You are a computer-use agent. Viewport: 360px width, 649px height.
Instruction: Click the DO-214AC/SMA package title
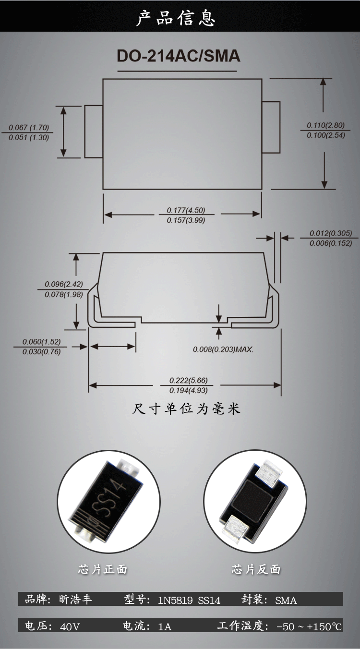point(179,56)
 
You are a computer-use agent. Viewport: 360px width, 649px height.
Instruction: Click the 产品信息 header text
point(176,18)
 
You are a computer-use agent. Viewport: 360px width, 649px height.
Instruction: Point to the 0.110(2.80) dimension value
point(326,125)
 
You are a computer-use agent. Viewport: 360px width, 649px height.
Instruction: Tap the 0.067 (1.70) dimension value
point(29,128)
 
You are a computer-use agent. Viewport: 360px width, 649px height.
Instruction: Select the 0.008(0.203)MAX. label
point(223,349)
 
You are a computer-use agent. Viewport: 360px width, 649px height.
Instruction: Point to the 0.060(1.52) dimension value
point(42,342)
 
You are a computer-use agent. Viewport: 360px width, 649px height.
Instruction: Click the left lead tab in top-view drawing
point(94,131)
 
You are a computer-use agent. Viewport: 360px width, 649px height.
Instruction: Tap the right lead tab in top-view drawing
point(271,127)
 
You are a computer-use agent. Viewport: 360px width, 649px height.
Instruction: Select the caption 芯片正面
point(103,569)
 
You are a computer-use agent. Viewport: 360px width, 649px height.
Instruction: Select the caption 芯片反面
point(256,569)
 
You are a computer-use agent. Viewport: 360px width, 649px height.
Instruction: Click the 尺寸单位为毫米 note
point(186,409)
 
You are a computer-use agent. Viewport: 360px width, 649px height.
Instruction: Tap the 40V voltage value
point(70,626)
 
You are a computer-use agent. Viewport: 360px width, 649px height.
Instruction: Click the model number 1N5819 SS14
point(189,600)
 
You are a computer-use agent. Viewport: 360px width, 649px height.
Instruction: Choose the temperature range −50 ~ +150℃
point(309,626)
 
